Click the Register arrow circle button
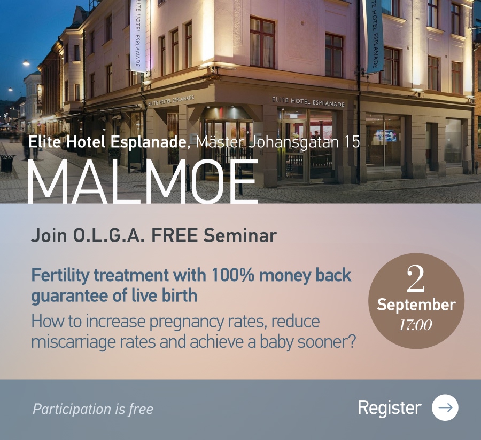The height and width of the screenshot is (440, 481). click(x=445, y=407)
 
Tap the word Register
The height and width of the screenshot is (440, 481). click(x=389, y=408)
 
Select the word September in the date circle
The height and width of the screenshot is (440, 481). click(x=416, y=305)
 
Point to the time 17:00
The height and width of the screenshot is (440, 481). click(x=415, y=325)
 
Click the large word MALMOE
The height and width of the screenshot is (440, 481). click(x=143, y=181)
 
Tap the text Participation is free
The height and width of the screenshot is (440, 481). click(x=93, y=409)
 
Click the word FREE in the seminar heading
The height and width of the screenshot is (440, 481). click(x=174, y=235)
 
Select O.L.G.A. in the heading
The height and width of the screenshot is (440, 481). click(x=109, y=235)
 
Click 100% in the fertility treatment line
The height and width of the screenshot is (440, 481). click(x=232, y=275)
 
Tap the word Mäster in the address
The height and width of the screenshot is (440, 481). click(x=220, y=142)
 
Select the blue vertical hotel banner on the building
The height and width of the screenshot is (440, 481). click(x=374, y=36)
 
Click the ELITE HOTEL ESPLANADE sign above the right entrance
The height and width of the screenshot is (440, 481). click(x=308, y=102)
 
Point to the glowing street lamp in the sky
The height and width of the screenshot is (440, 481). click(x=26, y=63)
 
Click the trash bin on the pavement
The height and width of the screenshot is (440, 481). click(x=7, y=163)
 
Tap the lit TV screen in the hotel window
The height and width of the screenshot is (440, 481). click(x=386, y=135)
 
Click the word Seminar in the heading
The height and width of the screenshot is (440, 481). click(x=240, y=235)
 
